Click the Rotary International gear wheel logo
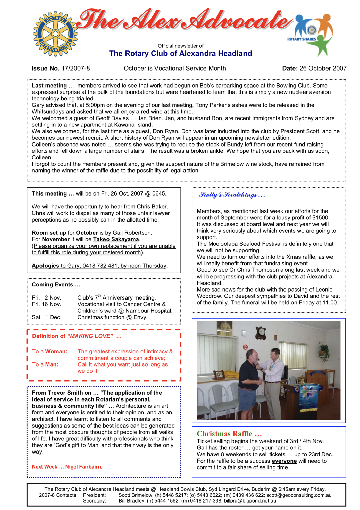point(55,34)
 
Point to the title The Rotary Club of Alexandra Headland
point(180,53)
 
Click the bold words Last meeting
point(49,86)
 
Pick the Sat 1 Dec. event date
point(47,317)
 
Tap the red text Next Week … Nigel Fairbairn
point(67,467)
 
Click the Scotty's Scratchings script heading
point(232,195)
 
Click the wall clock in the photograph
point(261,333)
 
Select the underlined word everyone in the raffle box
point(284,461)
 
